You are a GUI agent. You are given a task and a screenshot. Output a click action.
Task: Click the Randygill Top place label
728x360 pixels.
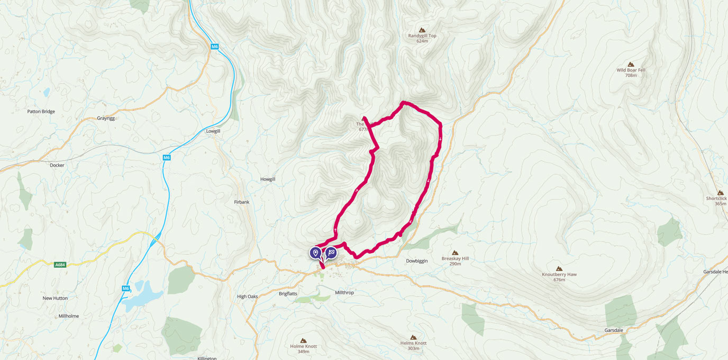point(422,36)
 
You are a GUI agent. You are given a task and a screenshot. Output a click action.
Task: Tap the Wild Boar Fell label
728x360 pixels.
point(631,70)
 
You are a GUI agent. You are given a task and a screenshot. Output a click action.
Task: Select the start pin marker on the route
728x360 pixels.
point(316,253)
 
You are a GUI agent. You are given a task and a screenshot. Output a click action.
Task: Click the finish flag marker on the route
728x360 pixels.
point(331,253)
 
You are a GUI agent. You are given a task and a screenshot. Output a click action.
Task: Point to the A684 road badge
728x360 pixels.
point(60,265)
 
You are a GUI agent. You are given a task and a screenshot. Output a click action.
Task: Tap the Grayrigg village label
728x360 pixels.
point(106,118)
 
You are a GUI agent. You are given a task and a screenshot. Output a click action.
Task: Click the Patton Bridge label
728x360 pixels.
point(41,112)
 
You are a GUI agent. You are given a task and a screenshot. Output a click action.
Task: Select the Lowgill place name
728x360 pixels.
point(213,131)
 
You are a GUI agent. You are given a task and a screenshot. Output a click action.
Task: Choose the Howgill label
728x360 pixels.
point(268,179)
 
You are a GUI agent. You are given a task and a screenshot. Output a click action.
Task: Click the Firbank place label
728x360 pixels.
point(241,202)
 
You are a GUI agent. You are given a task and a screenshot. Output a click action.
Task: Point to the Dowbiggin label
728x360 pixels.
point(416,260)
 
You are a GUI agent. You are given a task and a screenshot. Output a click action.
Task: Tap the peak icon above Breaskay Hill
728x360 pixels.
point(455,253)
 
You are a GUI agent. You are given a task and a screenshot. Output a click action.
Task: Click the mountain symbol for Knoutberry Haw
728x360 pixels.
point(559,268)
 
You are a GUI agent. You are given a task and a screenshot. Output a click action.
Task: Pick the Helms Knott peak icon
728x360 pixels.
point(413,337)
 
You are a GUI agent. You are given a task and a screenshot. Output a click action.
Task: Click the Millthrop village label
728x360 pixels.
point(344,293)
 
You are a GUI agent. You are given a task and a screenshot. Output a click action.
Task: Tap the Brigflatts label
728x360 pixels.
point(289,293)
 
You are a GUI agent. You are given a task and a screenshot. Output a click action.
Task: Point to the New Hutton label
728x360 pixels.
point(55,298)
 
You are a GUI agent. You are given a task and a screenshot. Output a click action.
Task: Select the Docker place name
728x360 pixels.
point(57,165)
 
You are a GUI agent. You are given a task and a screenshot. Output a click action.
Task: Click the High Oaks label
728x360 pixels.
point(247,296)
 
